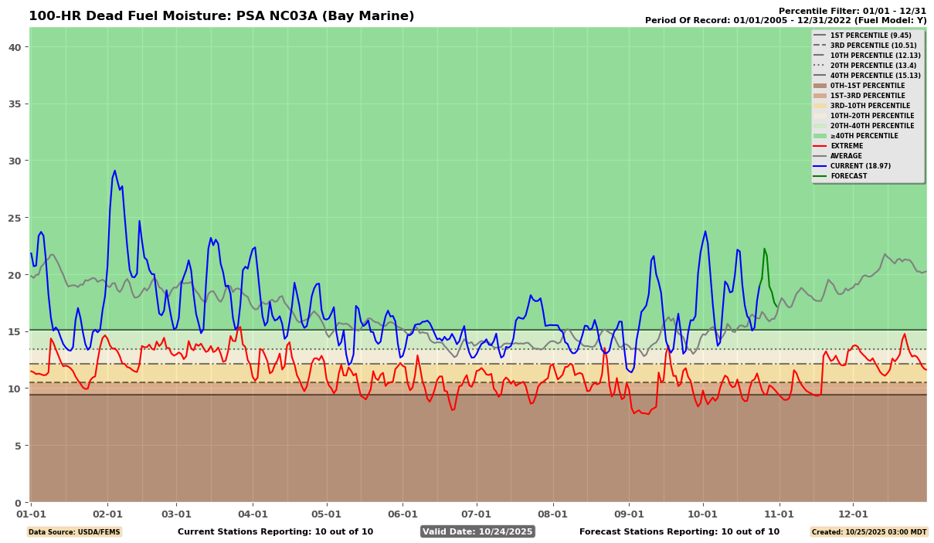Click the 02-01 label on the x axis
point(107,514)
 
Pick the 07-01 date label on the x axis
point(476,514)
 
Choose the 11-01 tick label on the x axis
point(779,514)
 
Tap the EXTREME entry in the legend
point(847,146)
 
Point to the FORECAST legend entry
point(849,176)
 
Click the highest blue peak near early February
point(115,171)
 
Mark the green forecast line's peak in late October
point(764,249)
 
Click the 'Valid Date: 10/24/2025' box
point(477,531)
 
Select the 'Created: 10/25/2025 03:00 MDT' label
point(868,532)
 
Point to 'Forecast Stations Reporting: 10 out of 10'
point(679,531)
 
